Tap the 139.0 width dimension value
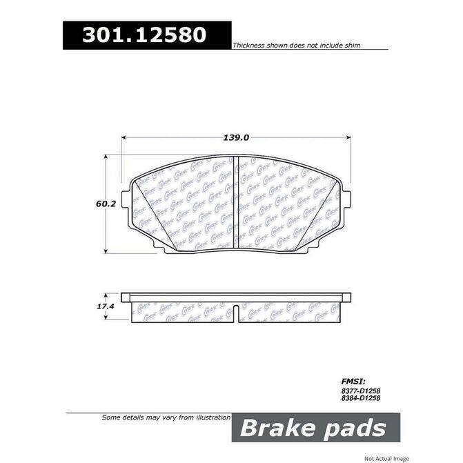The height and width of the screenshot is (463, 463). (236, 137)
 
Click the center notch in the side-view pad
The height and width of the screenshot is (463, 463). (236, 312)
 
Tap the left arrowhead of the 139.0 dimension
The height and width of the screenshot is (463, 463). (125, 138)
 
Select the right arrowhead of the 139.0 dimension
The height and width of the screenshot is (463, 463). (348, 138)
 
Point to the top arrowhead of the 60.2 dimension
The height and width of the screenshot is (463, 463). (106, 158)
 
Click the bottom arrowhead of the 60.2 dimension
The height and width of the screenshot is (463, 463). (106, 250)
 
